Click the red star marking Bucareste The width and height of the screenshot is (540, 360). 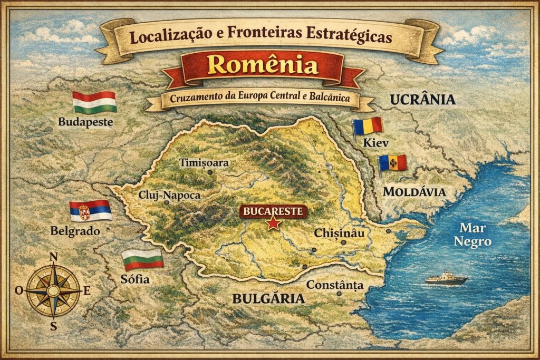coord(273,225)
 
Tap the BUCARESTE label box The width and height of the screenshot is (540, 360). coord(273,212)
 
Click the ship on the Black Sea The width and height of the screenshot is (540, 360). coord(446,278)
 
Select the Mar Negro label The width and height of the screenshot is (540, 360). coord(475,235)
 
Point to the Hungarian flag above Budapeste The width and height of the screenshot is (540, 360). coord(94,102)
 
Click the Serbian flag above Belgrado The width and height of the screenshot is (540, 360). coord(91,211)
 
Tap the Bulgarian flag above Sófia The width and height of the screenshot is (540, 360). coord(142,259)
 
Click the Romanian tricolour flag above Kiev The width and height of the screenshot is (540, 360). coord(368,126)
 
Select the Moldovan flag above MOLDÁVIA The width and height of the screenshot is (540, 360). coord(393,163)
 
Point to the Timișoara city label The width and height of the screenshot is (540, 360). coord(204,162)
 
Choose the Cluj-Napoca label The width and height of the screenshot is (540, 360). coord(169,195)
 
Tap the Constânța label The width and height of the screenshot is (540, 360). coord(335,285)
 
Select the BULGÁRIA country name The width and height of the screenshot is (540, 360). coord(268,299)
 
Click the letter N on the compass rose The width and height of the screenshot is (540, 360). coord(53,257)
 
